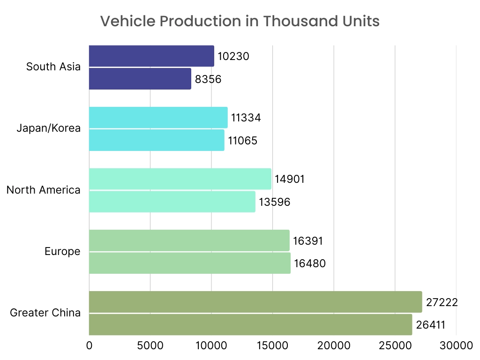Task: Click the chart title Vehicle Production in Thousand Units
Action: (x=240, y=21)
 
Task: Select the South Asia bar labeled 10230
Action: (x=151, y=56)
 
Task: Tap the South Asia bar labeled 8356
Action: (x=140, y=79)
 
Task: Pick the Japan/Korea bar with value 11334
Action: (x=158, y=118)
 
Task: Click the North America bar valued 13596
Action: (x=172, y=202)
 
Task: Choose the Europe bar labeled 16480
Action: (x=189, y=263)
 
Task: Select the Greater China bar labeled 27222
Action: (x=255, y=302)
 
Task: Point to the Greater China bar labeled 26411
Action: (x=250, y=324)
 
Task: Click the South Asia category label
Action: (x=53, y=67)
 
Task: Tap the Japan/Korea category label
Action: (x=49, y=128)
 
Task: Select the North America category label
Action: (x=44, y=190)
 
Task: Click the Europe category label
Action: (x=62, y=252)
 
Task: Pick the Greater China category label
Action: (x=45, y=313)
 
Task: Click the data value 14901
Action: (x=290, y=180)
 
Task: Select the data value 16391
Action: (x=308, y=241)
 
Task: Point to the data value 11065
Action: (x=242, y=140)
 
